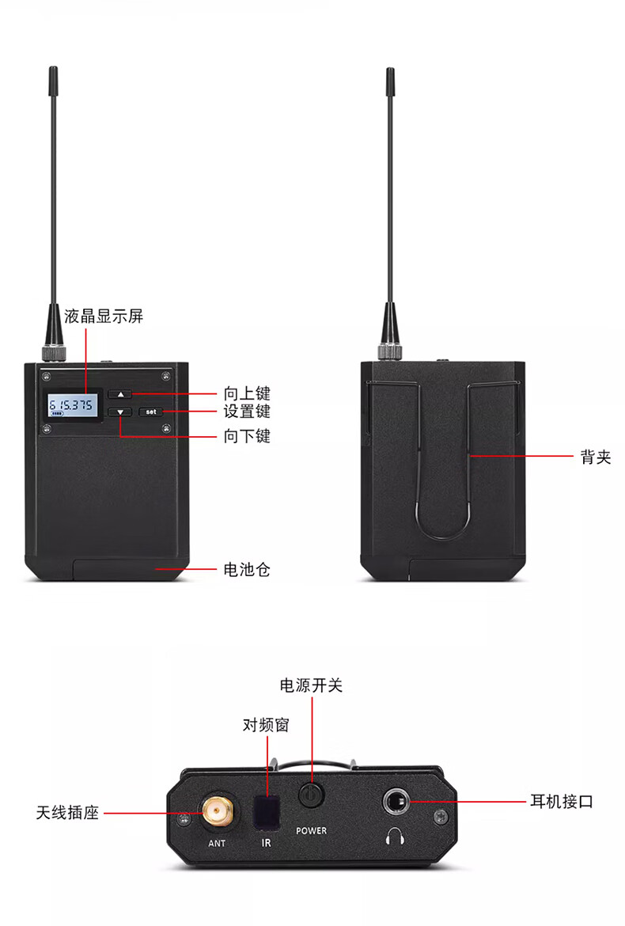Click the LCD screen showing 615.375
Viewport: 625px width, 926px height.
(73, 405)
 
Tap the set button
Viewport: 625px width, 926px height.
(150, 412)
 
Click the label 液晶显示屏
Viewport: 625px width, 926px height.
(104, 316)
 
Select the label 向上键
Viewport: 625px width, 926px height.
(247, 393)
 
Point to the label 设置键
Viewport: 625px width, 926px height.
(247, 412)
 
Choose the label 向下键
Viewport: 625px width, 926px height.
(247, 436)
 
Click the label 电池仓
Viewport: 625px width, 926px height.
(247, 569)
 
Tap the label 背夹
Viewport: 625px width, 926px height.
(596, 457)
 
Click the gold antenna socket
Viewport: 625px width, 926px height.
(217, 813)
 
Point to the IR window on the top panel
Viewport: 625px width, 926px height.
(266, 813)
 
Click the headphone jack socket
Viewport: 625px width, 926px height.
(395, 802)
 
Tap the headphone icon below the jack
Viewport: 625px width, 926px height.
(395, 837)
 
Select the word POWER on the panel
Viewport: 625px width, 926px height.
(311, 830)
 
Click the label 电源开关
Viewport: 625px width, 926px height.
(311, 685)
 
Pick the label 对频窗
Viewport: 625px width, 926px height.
(266, 725)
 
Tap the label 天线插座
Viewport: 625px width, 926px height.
(67, 813)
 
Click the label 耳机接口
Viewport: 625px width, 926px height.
(561, 802)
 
